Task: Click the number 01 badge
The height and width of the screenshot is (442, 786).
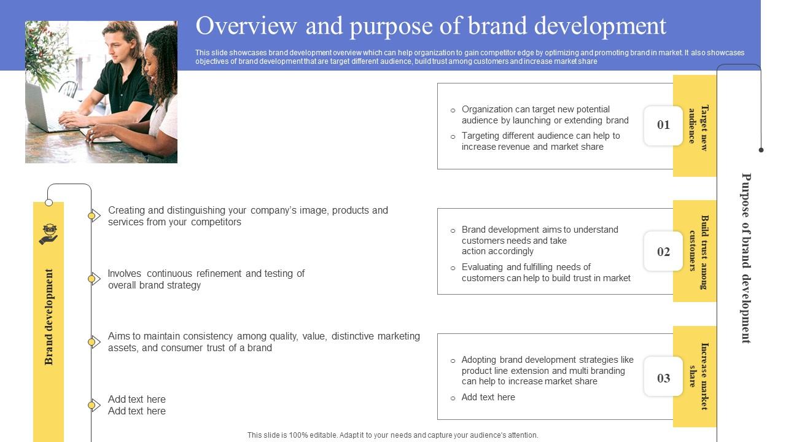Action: coord(663,125)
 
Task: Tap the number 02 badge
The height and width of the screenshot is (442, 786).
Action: coord(663,252)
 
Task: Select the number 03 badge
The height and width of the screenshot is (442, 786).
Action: coord(663,378)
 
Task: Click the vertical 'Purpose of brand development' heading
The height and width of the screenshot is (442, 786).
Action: coord(746,258)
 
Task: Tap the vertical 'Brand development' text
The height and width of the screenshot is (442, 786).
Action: coord(49,317)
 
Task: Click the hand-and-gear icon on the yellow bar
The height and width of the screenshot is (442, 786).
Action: coord(48,235)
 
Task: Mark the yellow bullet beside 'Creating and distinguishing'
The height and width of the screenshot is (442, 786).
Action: coord(92,215)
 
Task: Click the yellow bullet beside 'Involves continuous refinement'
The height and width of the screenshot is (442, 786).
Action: coord(92,279)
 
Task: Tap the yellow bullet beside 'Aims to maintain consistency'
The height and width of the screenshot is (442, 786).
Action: coord(92,342)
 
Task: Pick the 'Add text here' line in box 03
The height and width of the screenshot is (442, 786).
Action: coord(488,397)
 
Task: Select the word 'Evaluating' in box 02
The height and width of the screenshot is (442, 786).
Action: coord(483,267)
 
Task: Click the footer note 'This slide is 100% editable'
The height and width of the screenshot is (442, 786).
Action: coord(393,435)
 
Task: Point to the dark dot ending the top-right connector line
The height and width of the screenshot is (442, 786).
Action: coord(761,150)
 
